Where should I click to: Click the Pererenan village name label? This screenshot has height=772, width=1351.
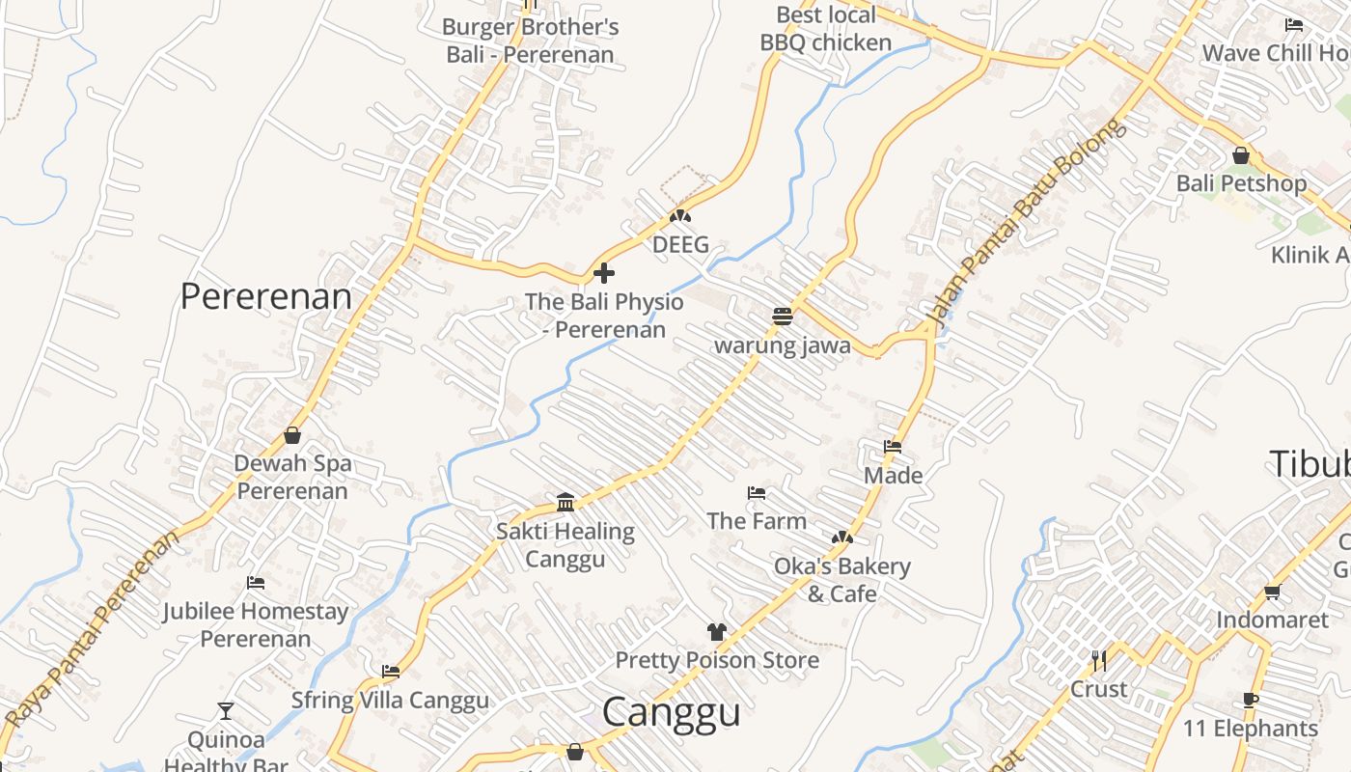pos(266,296)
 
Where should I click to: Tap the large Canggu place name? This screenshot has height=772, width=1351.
pos(672,712)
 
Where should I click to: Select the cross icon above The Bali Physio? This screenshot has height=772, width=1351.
pos(604,273)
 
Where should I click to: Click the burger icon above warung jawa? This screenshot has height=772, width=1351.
pos(783,316)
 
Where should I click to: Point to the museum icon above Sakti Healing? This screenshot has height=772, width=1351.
pos(565,502)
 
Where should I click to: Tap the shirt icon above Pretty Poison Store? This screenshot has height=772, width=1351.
pos(716,632)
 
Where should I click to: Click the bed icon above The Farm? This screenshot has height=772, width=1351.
pos(757,493)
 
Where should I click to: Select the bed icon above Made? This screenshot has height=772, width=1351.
pos(893,447)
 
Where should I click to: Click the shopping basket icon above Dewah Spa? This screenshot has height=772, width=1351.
pos(292,435)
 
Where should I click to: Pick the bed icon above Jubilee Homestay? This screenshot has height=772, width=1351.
pos(256,583)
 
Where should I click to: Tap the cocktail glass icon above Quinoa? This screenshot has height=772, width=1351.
pos(226,711)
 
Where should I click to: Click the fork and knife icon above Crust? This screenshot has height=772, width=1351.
pos(1098,661)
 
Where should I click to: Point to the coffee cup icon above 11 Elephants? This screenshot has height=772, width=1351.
pos(1251,700)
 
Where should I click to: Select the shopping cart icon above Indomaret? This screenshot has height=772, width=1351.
pos(1272,592)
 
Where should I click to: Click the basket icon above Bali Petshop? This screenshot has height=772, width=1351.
pos(1241,154)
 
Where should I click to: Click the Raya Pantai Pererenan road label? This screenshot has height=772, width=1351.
pos(92,628)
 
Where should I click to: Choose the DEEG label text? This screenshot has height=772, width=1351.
pos(680,245)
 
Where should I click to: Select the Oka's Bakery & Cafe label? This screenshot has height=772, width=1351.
pos(841,579)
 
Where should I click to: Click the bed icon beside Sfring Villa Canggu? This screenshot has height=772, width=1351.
pos(391,672)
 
